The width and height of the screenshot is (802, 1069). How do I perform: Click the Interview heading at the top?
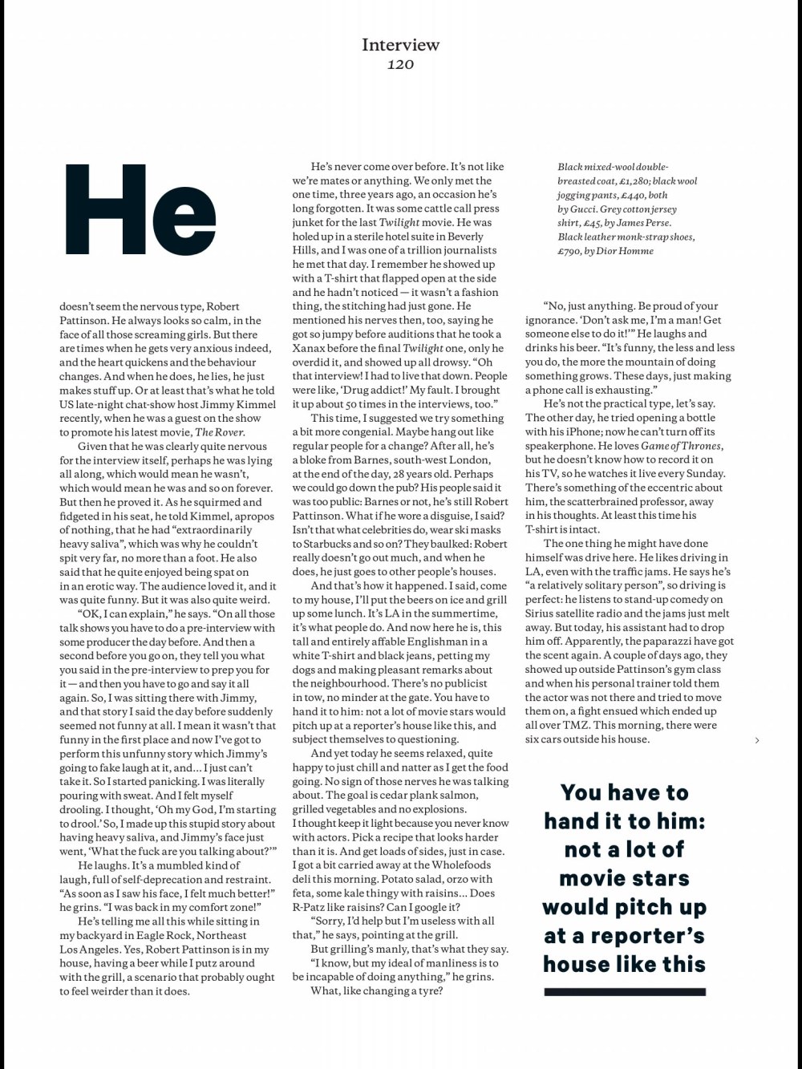point(400,44)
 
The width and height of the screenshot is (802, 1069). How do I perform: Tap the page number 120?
point(400,64)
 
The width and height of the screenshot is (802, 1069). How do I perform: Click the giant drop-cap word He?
point(140,210)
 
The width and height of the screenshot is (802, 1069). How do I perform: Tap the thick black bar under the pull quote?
point(625,992)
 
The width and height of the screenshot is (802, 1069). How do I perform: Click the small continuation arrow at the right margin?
point(757,740)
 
